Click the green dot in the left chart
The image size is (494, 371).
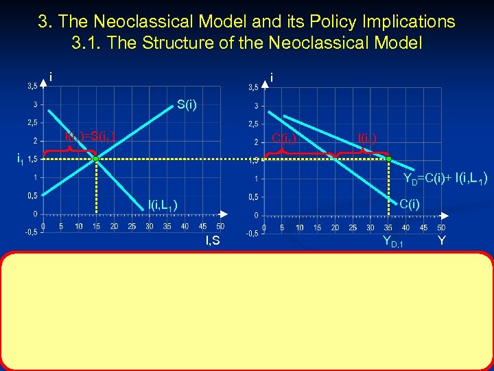[96, 159]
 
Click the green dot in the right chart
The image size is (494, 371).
[388, 159]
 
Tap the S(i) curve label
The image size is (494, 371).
[186, 105]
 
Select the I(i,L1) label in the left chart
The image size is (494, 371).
[163, 203]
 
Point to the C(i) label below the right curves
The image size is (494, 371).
[410, 203]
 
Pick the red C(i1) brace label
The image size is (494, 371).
[285, 138]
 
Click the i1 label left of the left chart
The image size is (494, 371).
[21, 159]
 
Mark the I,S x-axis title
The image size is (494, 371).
[213, 240]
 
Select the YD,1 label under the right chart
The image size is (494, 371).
[392, 241]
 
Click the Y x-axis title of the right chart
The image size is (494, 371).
[441, 240]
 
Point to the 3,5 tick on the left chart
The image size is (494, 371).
[32, 87]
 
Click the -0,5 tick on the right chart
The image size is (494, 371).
[252, 233]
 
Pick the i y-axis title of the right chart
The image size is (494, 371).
[272, 78]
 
